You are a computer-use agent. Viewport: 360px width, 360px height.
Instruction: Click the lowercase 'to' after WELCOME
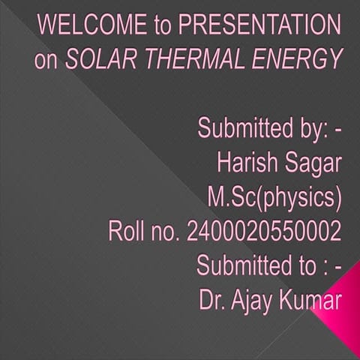click(163, 27)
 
